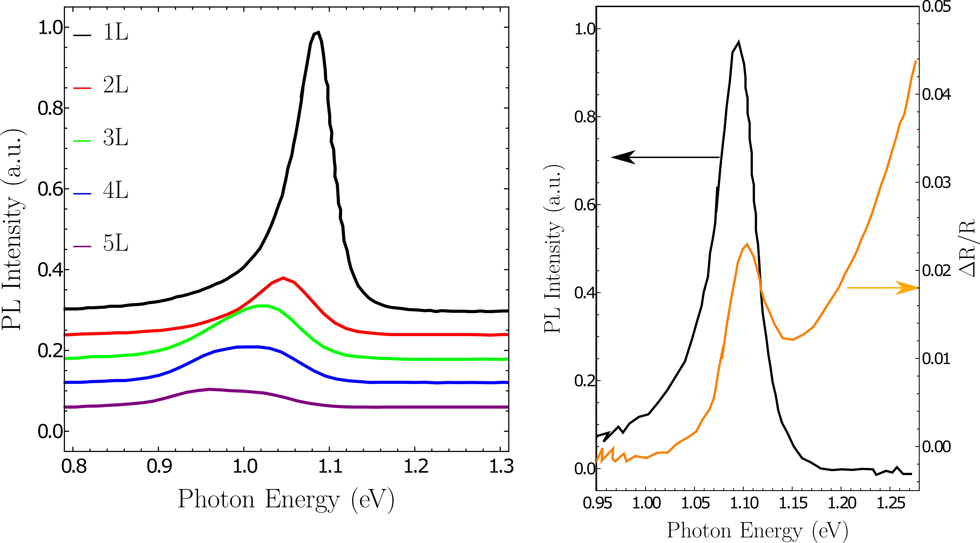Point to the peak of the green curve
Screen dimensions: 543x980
(262, 306)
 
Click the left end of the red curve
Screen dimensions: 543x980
(65, 335)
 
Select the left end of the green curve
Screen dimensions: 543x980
(65, 358)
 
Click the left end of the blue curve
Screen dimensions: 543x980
(65, 382)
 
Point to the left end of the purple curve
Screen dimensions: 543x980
(65, 407)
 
